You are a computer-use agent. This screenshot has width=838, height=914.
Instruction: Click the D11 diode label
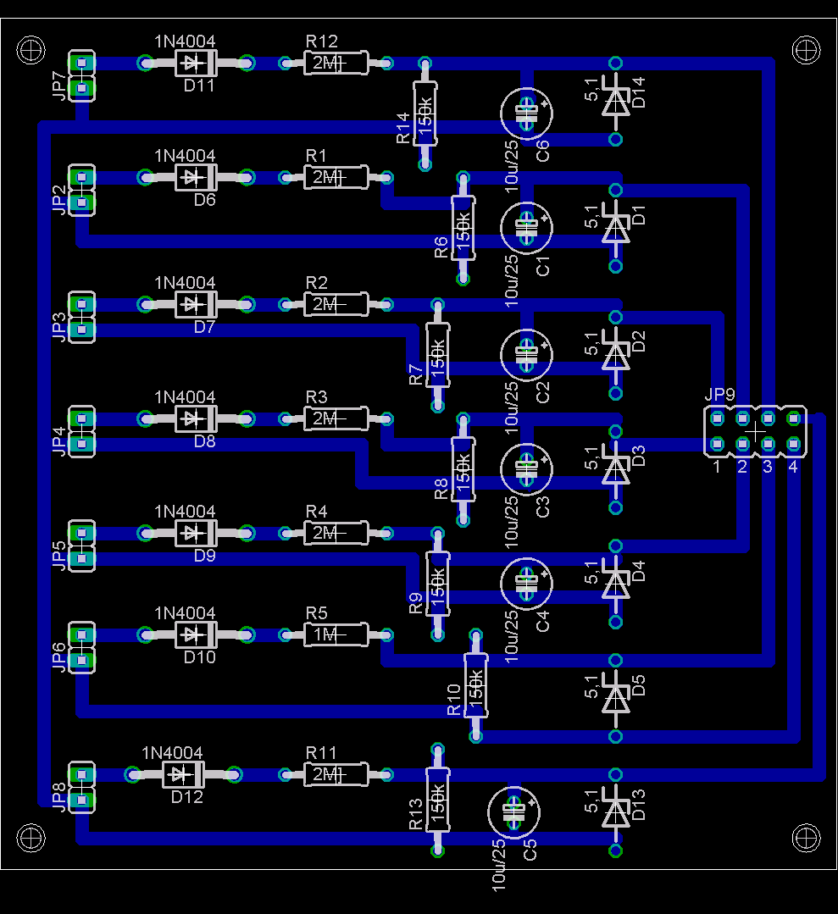coord(199,86)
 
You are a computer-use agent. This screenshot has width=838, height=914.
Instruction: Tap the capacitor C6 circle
coord(527,113)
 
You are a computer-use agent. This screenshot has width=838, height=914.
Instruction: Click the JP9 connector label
coord(719,395)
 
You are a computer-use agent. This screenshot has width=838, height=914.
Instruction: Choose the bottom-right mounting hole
coord(806,838)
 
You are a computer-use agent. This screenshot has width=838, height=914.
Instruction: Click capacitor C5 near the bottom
coord(514,812)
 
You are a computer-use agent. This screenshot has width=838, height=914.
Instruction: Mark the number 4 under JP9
coord(793,467)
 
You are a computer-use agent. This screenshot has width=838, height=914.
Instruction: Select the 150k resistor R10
coord(475,686)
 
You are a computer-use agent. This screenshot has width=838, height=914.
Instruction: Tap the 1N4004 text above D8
coord(185,396)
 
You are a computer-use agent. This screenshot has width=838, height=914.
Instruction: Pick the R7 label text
coord(415,374)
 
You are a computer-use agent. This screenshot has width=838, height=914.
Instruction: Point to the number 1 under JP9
coord(716,467)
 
